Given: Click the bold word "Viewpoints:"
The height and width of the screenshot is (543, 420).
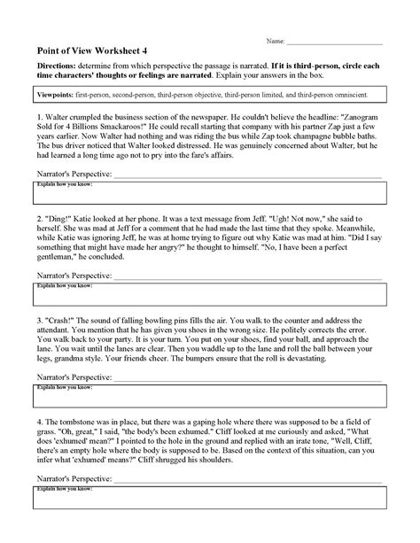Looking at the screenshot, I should click(x=54, y=91).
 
